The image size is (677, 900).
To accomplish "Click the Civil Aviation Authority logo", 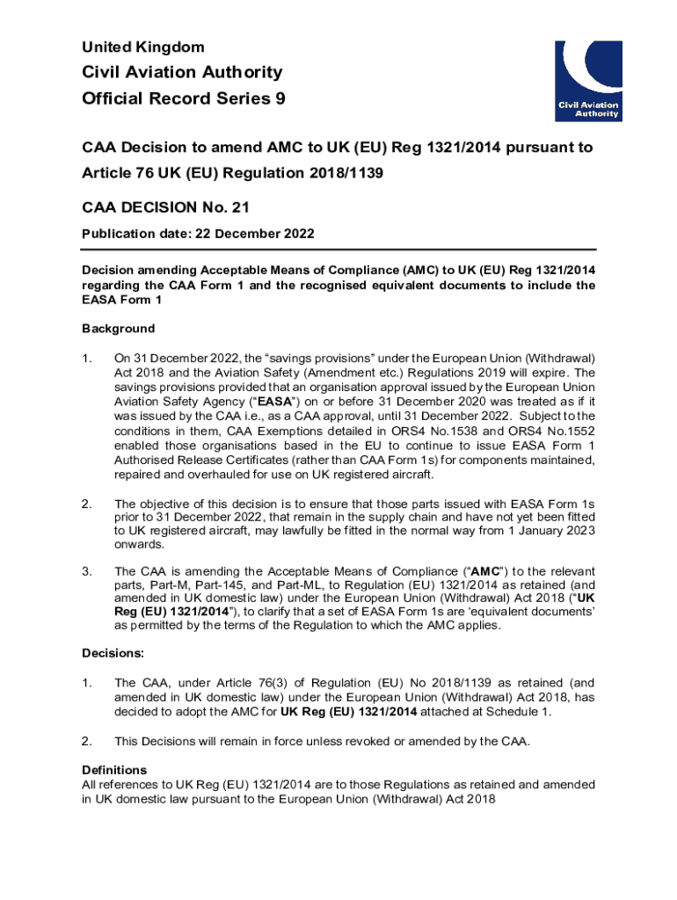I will pos(588,80).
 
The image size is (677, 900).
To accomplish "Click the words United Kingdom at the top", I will pos(142,47).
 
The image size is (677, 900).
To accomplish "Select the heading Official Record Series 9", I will pos(183,98).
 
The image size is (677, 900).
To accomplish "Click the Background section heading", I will pos(118,328).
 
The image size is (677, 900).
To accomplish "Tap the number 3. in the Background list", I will pos(87,570).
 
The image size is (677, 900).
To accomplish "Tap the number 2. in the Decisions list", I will pos(87,741).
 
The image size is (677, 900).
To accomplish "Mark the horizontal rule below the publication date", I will pos(338,249).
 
